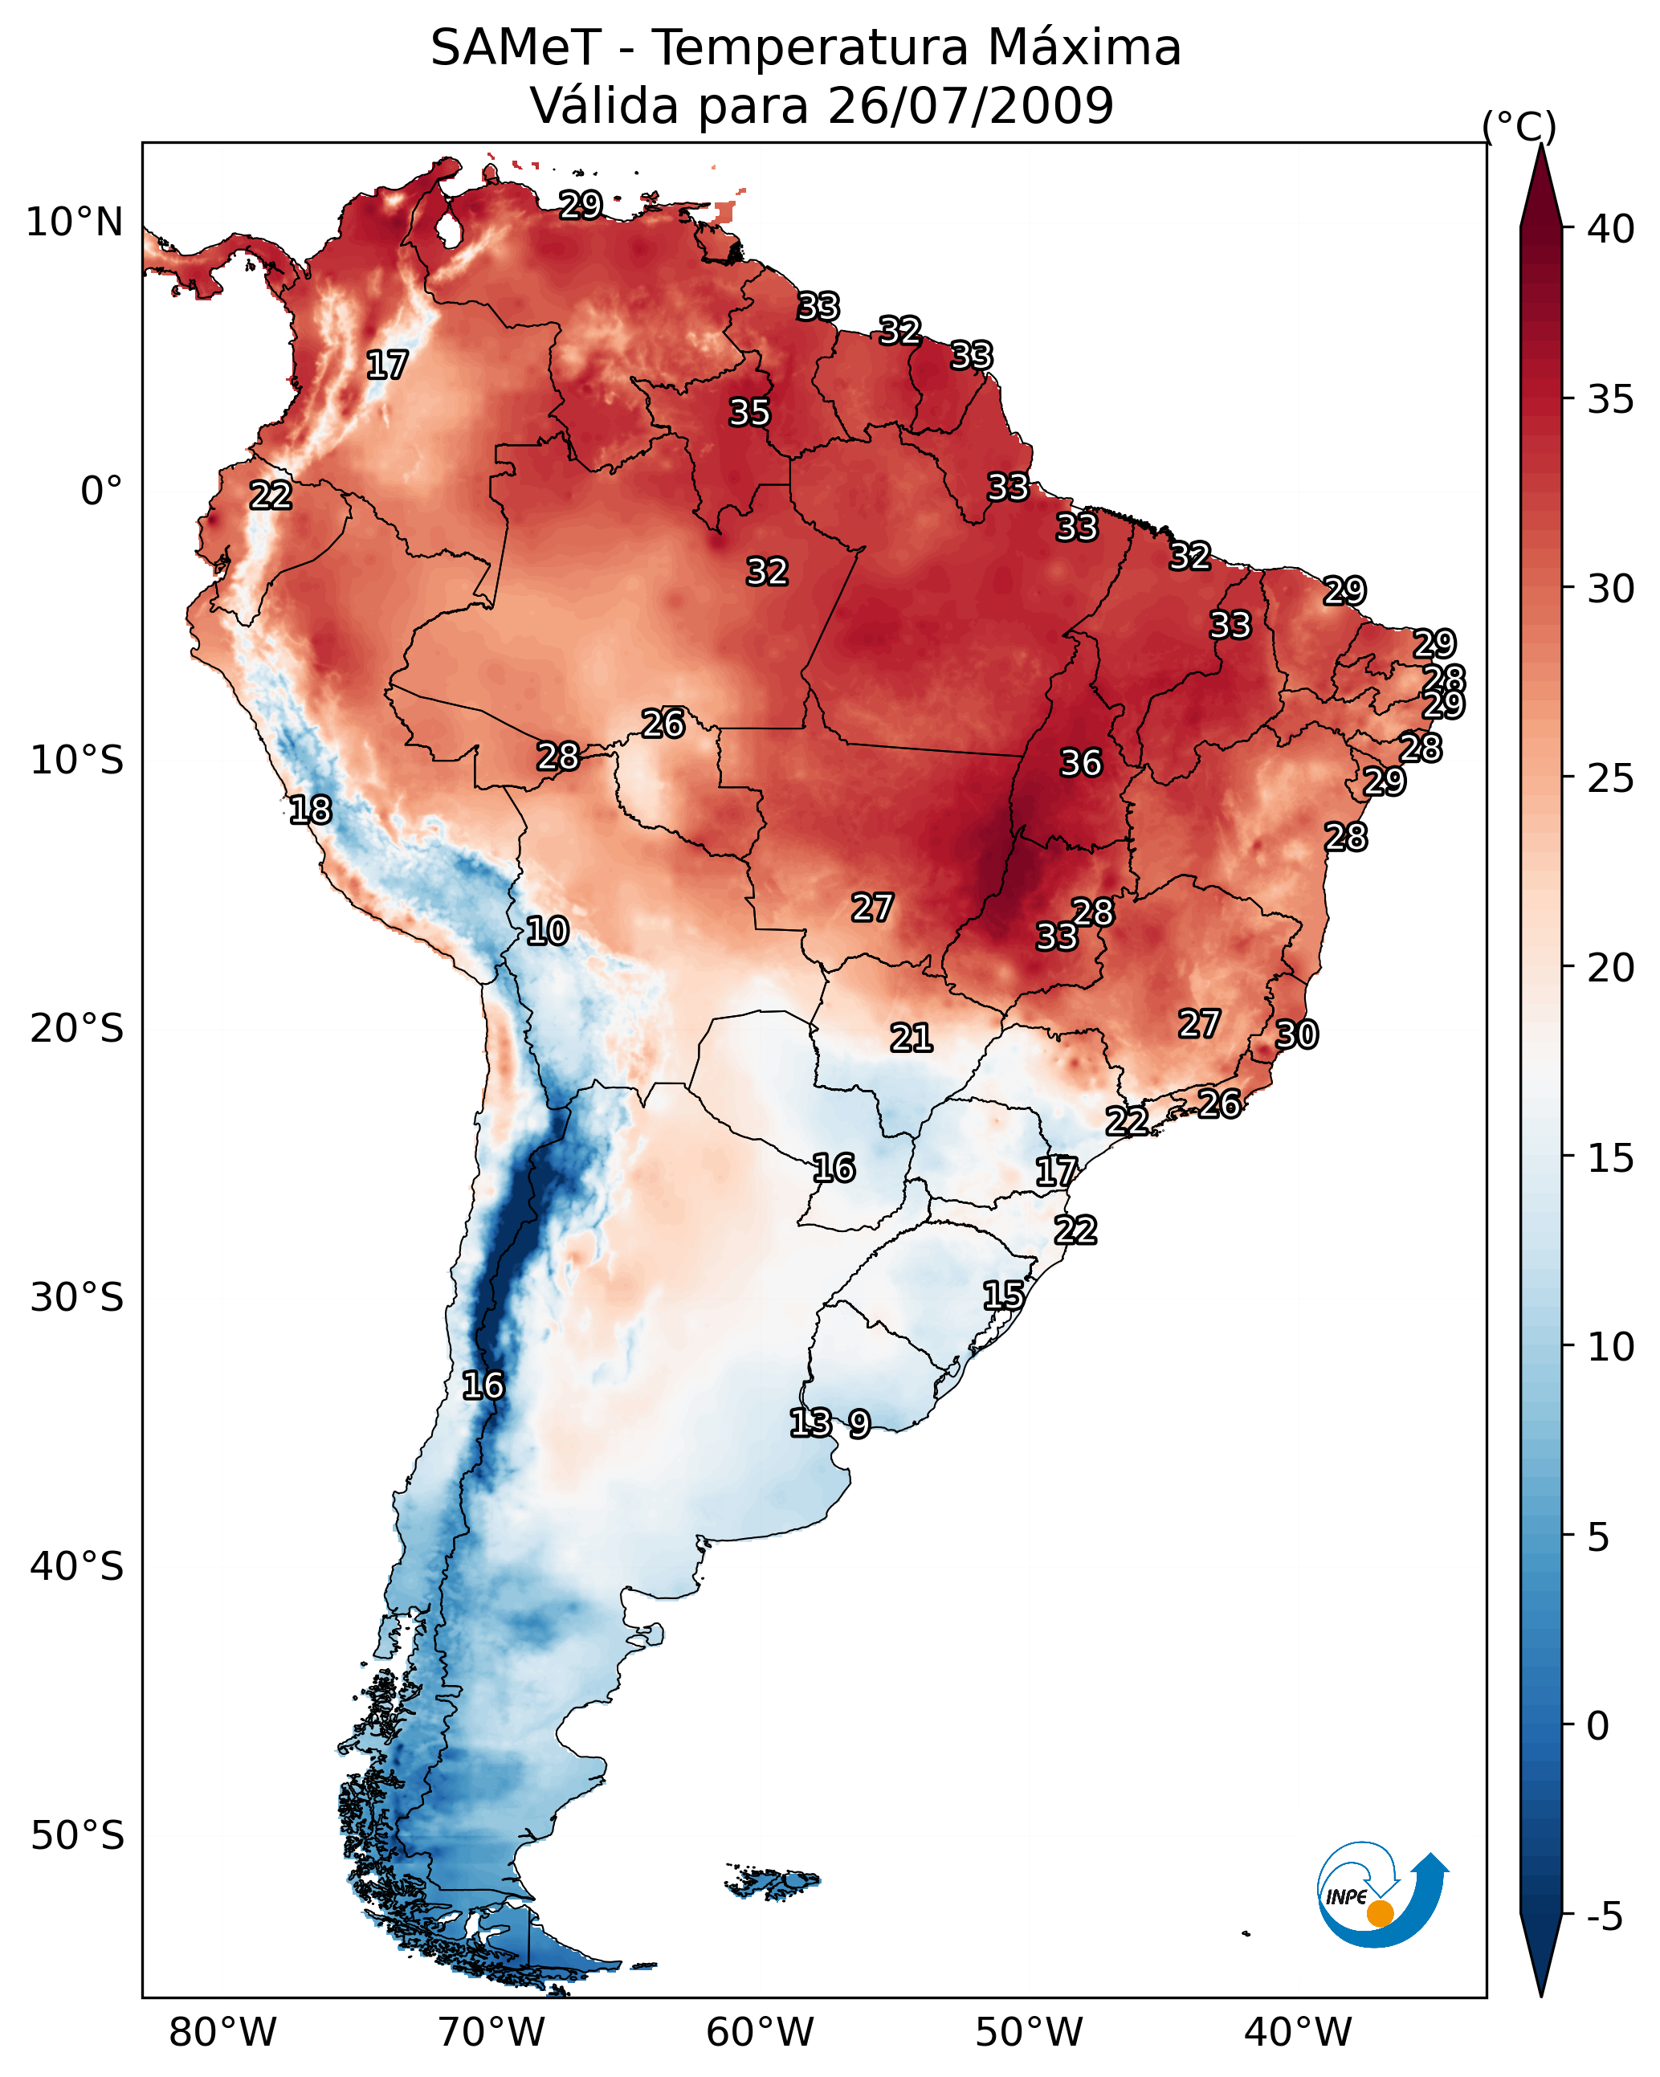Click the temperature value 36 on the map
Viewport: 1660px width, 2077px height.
pos(1080,763)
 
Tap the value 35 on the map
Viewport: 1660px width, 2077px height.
pos(748,412)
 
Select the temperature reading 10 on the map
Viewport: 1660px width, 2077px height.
pos(547,931)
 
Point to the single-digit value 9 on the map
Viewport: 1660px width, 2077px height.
pos(859,1423)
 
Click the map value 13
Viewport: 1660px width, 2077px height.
pos(810,1422)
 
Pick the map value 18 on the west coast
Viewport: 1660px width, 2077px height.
pos(310,810)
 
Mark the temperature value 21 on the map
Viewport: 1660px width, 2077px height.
pos(911,1038)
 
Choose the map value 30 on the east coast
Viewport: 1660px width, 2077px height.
pos(1296,1034)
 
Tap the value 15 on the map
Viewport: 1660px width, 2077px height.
pos(1003,1295)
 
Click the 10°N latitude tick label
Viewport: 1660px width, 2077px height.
pos(74,222)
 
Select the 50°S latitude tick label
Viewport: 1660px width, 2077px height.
pos(77,1836)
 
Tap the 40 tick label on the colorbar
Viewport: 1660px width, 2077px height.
pos(1611,229)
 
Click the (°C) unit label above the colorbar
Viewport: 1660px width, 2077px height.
pos(1519,126)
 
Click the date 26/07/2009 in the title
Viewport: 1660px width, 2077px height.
pos(970,106)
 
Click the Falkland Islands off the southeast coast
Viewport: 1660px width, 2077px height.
pos(773,1882)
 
